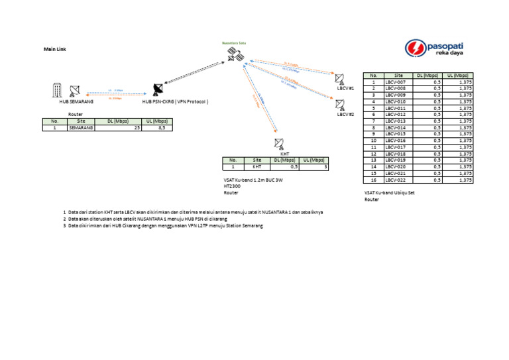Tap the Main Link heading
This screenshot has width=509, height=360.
55,50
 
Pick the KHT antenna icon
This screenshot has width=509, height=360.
278,144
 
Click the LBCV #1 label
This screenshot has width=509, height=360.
346,88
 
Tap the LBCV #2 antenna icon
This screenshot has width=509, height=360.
341,104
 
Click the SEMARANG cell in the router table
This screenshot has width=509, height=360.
80,128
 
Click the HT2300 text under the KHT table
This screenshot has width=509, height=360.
232,186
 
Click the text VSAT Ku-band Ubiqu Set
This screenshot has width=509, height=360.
389,193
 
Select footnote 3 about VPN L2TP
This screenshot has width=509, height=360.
163,226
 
